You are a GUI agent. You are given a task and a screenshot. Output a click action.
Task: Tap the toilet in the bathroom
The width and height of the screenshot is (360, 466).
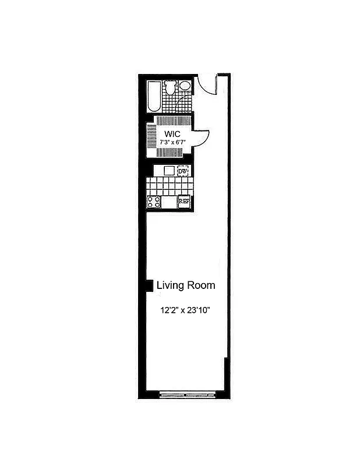coord(170,88)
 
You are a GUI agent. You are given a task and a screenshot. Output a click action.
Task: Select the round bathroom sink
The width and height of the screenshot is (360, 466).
coord(185,86)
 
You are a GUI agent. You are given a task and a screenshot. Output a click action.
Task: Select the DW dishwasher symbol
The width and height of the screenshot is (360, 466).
coord(183,171)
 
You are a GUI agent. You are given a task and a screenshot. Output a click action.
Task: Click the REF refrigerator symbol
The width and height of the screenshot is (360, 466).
coord(183,202)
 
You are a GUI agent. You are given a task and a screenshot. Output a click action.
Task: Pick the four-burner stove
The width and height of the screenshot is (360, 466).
coord(154,202)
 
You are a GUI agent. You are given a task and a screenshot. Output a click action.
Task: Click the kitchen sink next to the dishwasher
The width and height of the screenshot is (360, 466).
coord(169,171)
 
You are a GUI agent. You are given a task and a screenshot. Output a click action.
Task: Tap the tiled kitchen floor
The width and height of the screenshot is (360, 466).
coord(169,186)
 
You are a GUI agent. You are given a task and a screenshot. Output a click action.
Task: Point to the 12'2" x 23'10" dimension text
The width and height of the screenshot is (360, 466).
coord(185,310)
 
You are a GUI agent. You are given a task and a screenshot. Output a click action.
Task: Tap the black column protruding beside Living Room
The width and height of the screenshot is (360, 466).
coord(149,285)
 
